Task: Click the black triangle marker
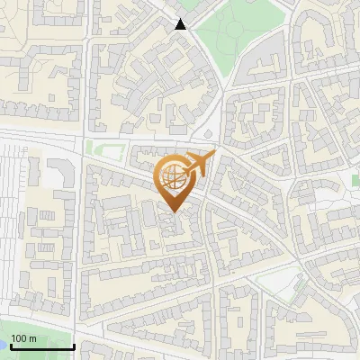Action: [x=181, y=24]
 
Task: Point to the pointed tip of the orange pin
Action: [x=171, y=211]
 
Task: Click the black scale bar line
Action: [x=41, y=346]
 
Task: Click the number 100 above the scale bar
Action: [x=20, y=338]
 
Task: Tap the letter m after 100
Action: [x=32, y=338]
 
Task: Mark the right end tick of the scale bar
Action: [x=74, y=345]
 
